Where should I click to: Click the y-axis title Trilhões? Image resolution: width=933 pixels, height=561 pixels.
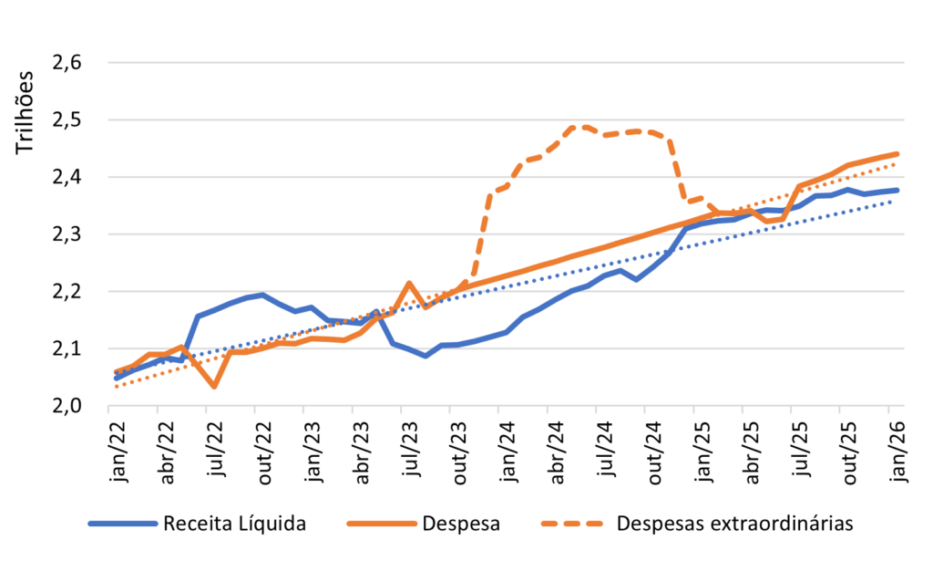pyautogui.click(x=25, y=112)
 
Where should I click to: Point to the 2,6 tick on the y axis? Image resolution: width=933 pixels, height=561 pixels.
pyautogui.click(x=67, y=63)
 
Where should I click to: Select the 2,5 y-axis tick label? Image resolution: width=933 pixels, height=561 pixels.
pyautogui.click(x=67, y=119)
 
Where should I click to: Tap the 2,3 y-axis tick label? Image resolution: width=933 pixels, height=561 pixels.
pyautogui.click(x=67, y=234)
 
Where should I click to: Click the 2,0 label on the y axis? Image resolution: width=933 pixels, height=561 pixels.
pyautogui.click(x=67, y=406)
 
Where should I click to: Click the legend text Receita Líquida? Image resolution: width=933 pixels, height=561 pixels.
pyautogui.click(x=234, y=524)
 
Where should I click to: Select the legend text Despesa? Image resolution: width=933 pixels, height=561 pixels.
pyautogui.click(x=461, y=525)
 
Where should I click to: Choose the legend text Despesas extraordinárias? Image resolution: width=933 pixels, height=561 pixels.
pyautogui.click(x=735, y=524)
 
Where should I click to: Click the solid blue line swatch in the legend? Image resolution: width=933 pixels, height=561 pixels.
pyautogui.click(x=123, y=525)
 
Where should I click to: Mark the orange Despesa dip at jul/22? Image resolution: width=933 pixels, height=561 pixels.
pyautogui.click(x=214, y=387)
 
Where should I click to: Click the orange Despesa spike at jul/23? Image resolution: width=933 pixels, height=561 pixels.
pyautogui.click(x=409, y=284)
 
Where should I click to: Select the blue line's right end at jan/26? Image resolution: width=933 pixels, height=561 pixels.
pyautogui.click(x=897, y=190)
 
